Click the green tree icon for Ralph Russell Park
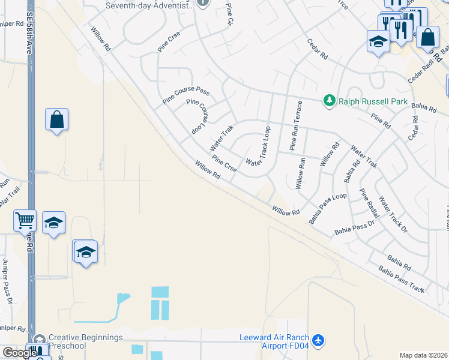pyautogui.click(x=329, y=101)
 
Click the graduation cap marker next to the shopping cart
pyautogui.click(x=54, y=223)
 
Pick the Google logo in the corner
pyautogui.click(x=19, y=353)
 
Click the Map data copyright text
pyautogui.click(x=423, y=355)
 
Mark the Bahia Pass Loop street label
pyautogui.click(x=328, y=208)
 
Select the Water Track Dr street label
pyautogui.click(x=393, y=214)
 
